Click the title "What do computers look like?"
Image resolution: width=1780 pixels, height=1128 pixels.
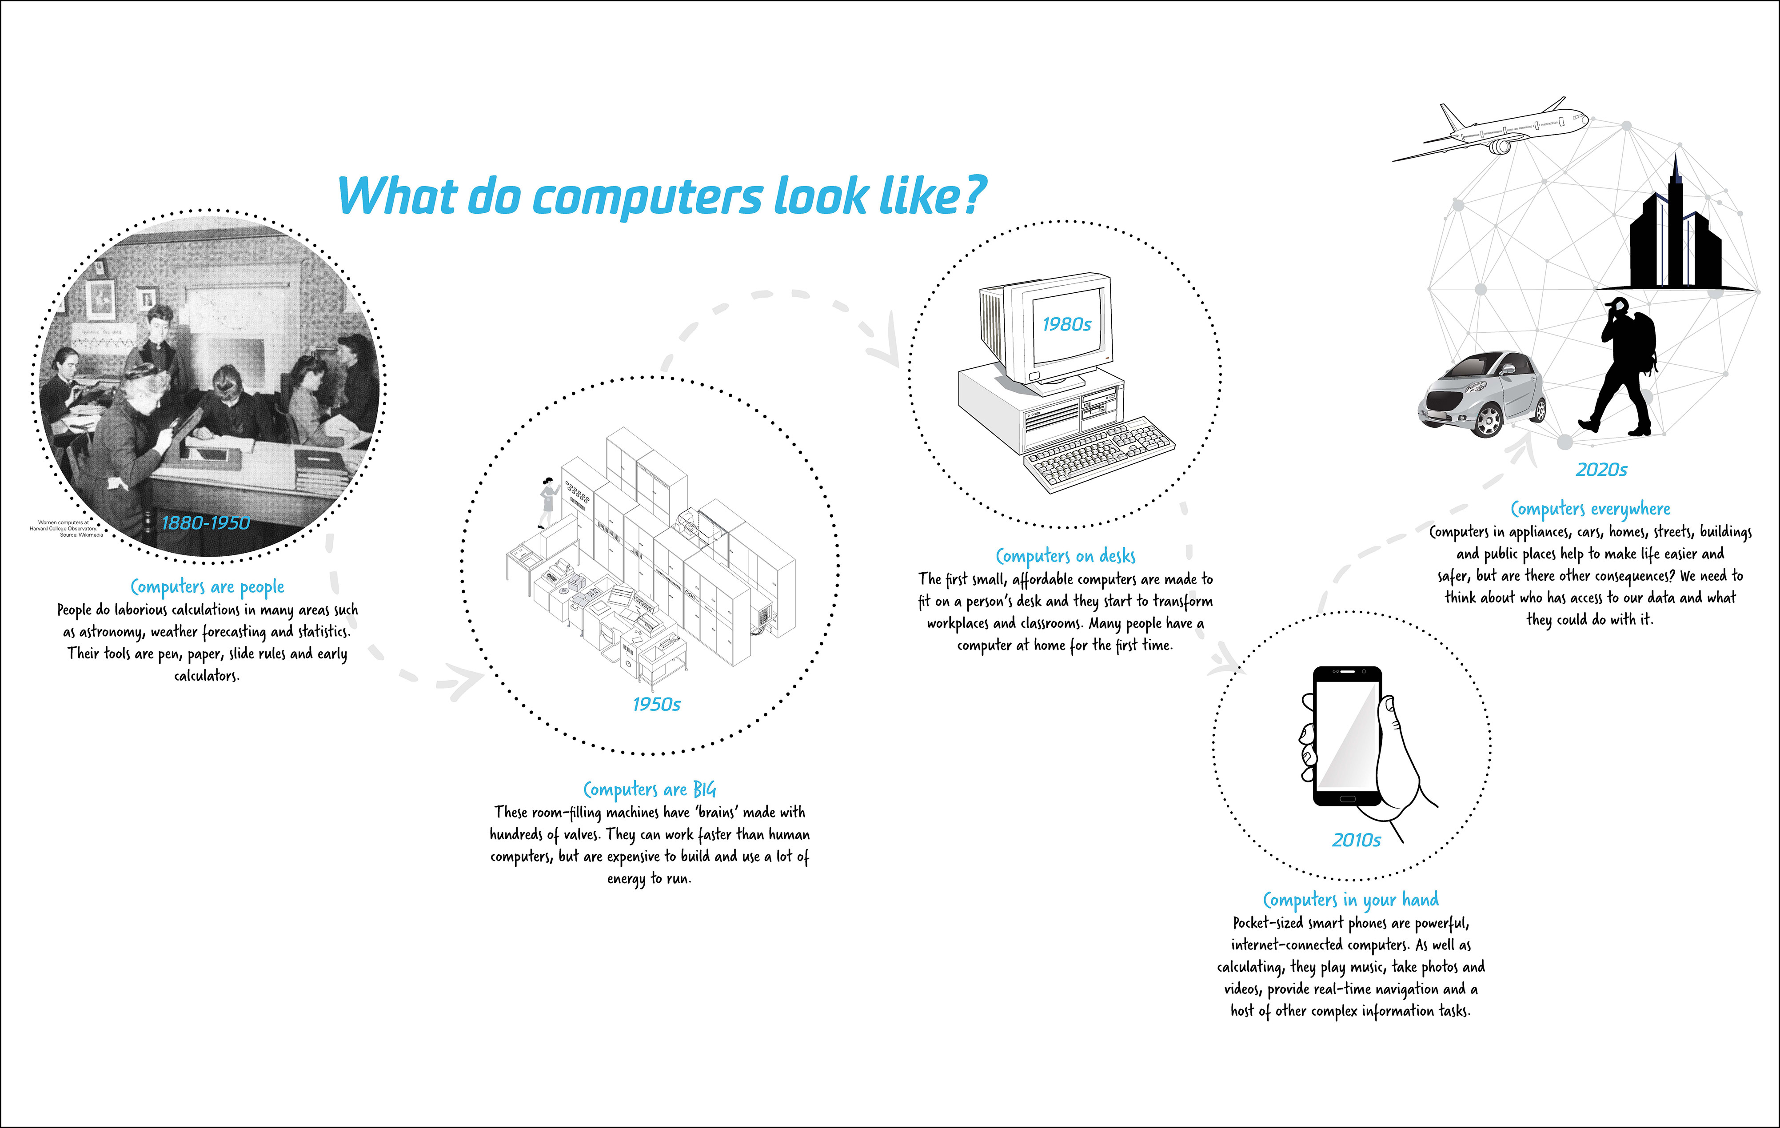(662, 196)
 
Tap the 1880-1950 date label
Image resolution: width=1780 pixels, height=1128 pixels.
(205, 522)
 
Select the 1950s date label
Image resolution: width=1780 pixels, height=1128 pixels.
(656, 704)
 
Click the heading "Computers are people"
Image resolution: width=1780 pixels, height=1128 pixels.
(207, 587)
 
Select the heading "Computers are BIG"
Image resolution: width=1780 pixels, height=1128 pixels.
(650, 789)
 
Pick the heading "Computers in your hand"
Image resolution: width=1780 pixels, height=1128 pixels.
(1350, 900)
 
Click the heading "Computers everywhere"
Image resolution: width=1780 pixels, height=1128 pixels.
(1590, 509)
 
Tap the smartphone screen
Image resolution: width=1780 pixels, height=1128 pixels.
(1347, 736)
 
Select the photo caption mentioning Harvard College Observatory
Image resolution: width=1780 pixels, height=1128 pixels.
(67, 529)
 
